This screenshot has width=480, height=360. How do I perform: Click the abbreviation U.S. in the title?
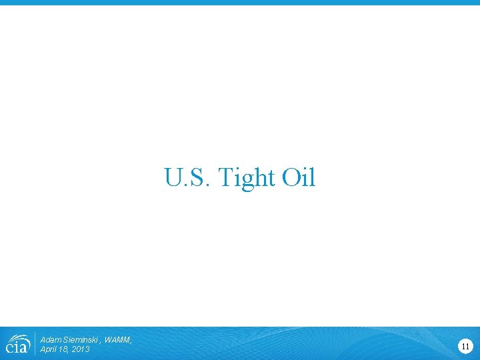187,178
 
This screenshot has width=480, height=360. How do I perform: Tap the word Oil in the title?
299,178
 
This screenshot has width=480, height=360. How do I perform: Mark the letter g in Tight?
248,180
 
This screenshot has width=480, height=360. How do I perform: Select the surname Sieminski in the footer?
81,340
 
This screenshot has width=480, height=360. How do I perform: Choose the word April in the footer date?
49,349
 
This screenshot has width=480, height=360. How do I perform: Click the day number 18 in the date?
64,349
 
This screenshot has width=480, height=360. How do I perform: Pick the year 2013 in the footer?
80,349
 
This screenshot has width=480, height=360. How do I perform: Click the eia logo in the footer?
17,343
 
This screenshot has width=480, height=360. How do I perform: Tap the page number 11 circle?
465,345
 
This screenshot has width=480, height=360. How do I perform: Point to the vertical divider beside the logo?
35,344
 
